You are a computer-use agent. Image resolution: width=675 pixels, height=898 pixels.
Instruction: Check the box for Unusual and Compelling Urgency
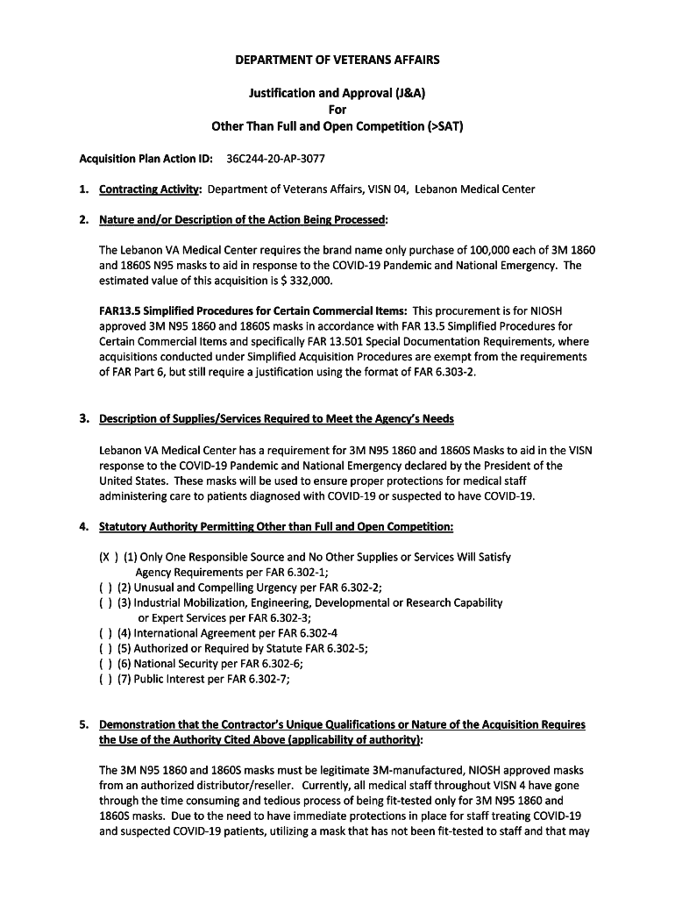coord(105,588)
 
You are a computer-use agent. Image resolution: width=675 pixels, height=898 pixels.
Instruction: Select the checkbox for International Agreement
coord(105,633)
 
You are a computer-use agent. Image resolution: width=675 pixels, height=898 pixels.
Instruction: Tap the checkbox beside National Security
coord(105,663)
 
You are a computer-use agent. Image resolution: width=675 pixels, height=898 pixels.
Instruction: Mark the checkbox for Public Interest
coord(105,678)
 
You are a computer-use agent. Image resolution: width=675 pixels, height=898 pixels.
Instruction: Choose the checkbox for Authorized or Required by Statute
coord(105,648)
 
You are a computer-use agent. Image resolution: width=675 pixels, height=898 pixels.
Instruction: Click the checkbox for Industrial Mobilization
coord(105,602)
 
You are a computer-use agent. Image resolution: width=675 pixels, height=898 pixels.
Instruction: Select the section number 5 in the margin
coord(82,725)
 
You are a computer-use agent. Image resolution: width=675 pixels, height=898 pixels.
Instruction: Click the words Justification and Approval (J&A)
coord(337,93)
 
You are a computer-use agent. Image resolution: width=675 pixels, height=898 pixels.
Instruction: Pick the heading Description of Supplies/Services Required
coord(277,417)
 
